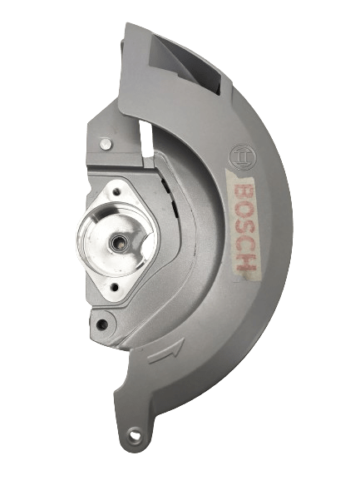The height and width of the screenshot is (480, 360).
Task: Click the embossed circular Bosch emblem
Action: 243,157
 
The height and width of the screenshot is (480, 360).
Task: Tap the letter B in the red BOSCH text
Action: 244,191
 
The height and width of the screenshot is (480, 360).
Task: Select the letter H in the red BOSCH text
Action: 246,262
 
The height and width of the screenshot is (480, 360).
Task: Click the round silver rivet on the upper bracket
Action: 106,143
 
